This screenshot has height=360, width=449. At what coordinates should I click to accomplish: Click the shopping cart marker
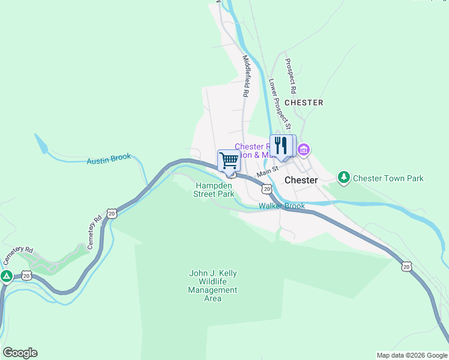tap(229, 161)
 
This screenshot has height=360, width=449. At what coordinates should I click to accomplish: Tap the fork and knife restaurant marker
tap(280, 146)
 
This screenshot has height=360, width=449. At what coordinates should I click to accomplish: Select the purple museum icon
tap(303, 149)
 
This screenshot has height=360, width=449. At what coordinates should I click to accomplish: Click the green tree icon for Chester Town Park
tap(343, 178)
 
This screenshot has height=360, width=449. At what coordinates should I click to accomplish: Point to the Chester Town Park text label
tap(388, 178)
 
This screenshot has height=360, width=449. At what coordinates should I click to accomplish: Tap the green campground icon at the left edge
tap(7, 276)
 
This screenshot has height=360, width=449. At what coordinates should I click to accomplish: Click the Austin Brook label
tap(109, 159)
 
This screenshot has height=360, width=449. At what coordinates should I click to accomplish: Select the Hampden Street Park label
tap(214, 190)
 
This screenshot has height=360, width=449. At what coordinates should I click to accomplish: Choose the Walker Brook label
tap(282, 206)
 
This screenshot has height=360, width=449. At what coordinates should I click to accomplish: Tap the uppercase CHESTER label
tap(304, 103)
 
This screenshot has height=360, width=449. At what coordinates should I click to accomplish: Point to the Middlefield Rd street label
tap(246, 76)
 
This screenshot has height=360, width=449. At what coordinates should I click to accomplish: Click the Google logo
tap(20, 353)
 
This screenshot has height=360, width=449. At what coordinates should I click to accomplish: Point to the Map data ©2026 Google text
tap(411, 355)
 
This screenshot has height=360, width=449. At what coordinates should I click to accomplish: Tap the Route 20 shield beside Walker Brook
tap(266, 189)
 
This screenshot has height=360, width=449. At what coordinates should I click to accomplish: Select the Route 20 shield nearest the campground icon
tap(26, 275)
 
